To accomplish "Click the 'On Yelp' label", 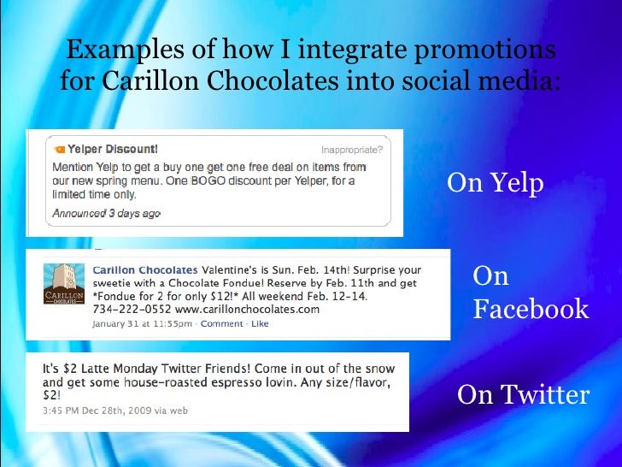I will (x=495, y=183).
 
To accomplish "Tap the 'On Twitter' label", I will (x=523, y=395).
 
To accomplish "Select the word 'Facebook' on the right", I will (x=531, y=309).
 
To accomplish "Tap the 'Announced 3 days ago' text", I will (x=106, y=213).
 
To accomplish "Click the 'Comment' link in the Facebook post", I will (x=221, y=324).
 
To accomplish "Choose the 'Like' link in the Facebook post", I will (x=260, y=324).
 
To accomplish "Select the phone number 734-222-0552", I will (x=131, y=309).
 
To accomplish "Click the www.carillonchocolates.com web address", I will (x=246, y=309).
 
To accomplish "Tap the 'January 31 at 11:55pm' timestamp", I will (x=142, y=324).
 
